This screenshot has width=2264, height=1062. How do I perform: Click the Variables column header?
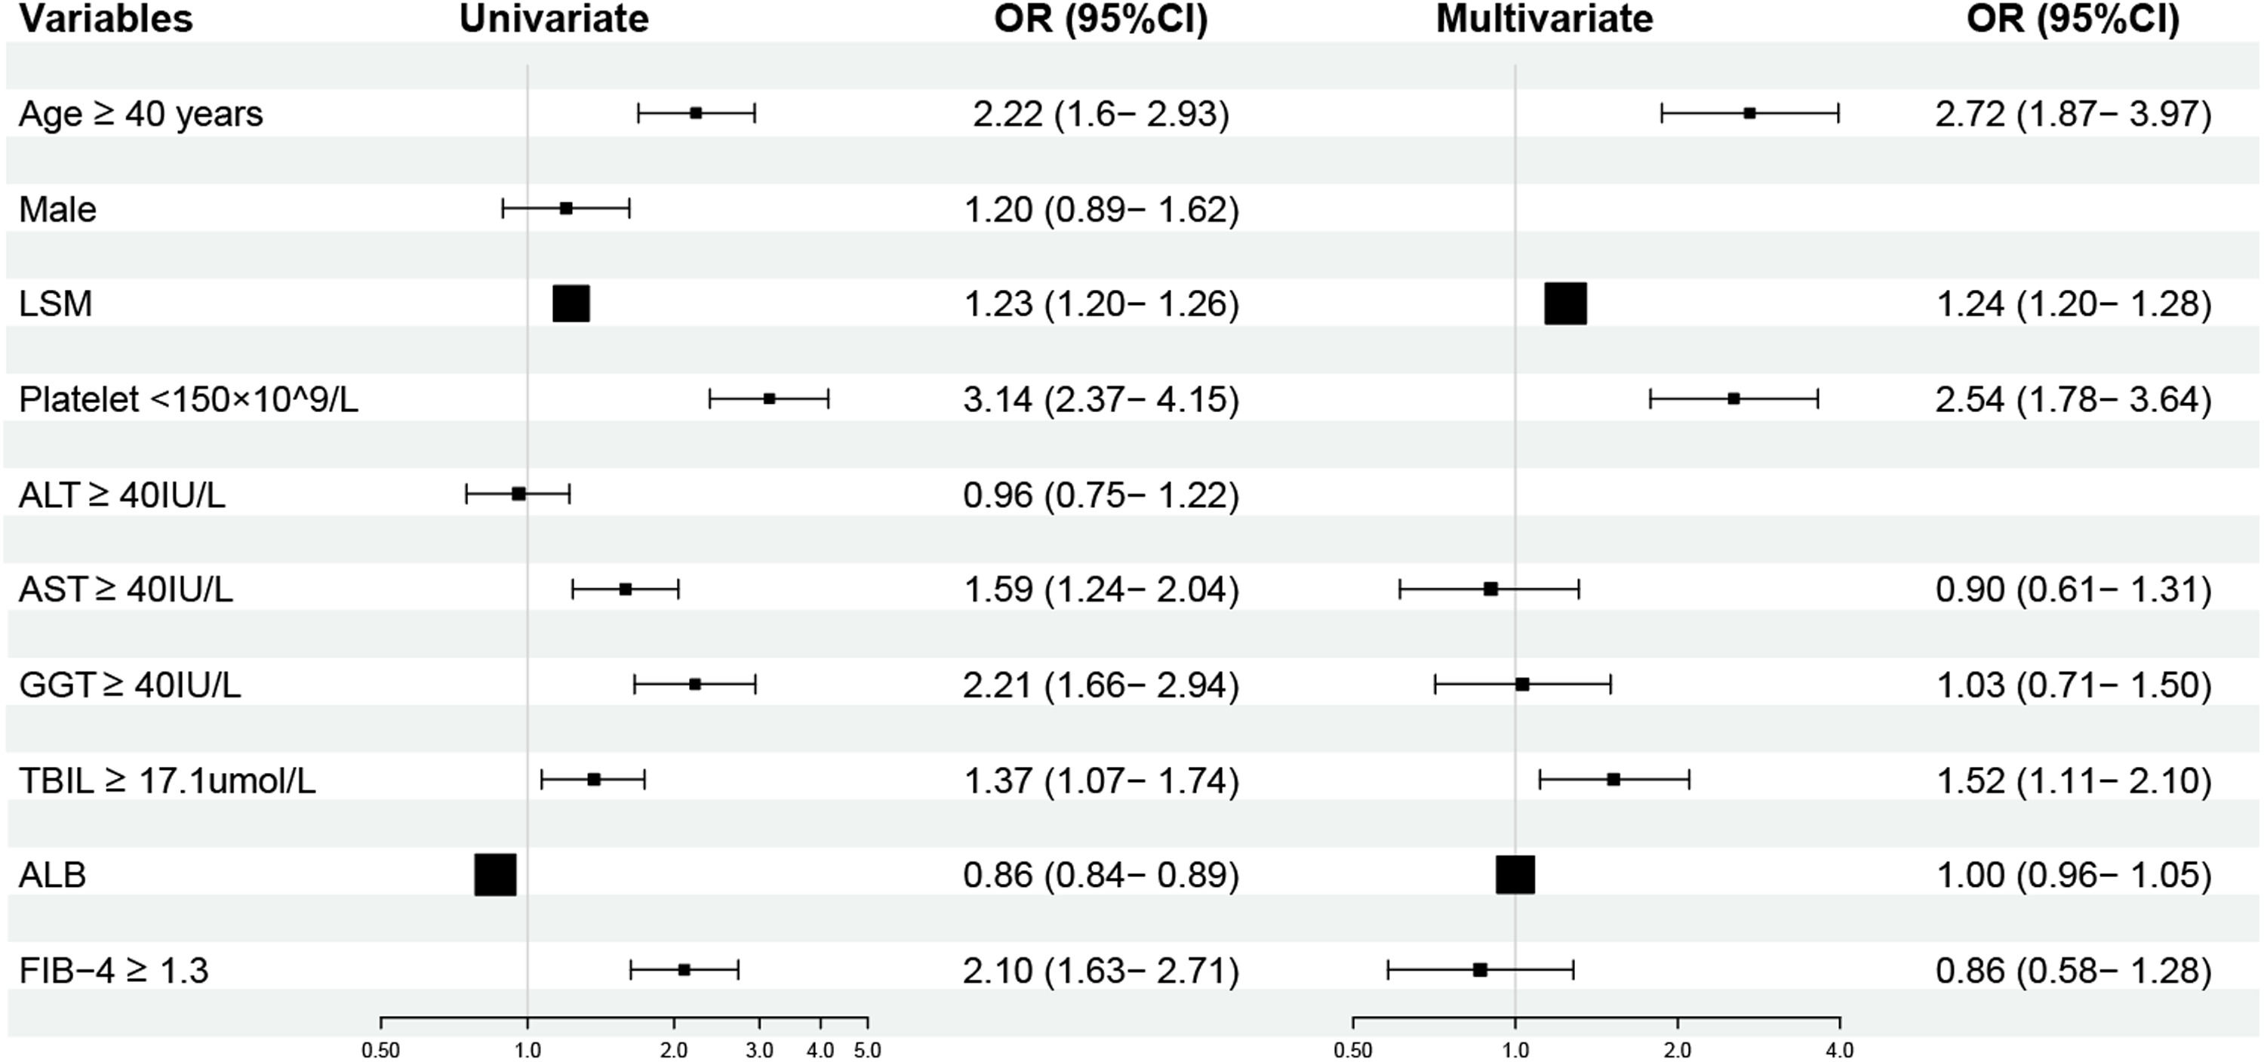[106, 20]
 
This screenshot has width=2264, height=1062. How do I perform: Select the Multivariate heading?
[1544, 20]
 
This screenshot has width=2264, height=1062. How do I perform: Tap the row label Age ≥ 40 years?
[140, 114]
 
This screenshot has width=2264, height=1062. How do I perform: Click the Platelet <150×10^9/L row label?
[189, 400]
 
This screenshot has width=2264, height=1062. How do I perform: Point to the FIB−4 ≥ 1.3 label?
[113, 971]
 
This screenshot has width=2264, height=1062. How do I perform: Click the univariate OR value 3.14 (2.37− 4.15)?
[1101, 400]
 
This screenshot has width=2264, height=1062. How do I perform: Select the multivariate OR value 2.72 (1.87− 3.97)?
[2073, 114]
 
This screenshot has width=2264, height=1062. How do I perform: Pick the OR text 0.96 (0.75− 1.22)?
[1101, 495]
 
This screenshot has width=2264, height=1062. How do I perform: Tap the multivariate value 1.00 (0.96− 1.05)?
[2073, 876]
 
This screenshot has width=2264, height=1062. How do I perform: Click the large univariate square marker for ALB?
[496, 875]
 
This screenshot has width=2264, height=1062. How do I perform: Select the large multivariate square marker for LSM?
[1566, 304]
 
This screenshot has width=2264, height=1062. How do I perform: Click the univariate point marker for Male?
[566, 208]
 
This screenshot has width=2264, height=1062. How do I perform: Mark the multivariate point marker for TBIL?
[1613, 779]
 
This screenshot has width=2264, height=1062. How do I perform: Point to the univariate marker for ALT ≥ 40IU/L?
[518, 494]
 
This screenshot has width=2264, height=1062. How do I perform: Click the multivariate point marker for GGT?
[1523, 684]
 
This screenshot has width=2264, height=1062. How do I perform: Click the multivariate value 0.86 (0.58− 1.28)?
[2073, 971]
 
